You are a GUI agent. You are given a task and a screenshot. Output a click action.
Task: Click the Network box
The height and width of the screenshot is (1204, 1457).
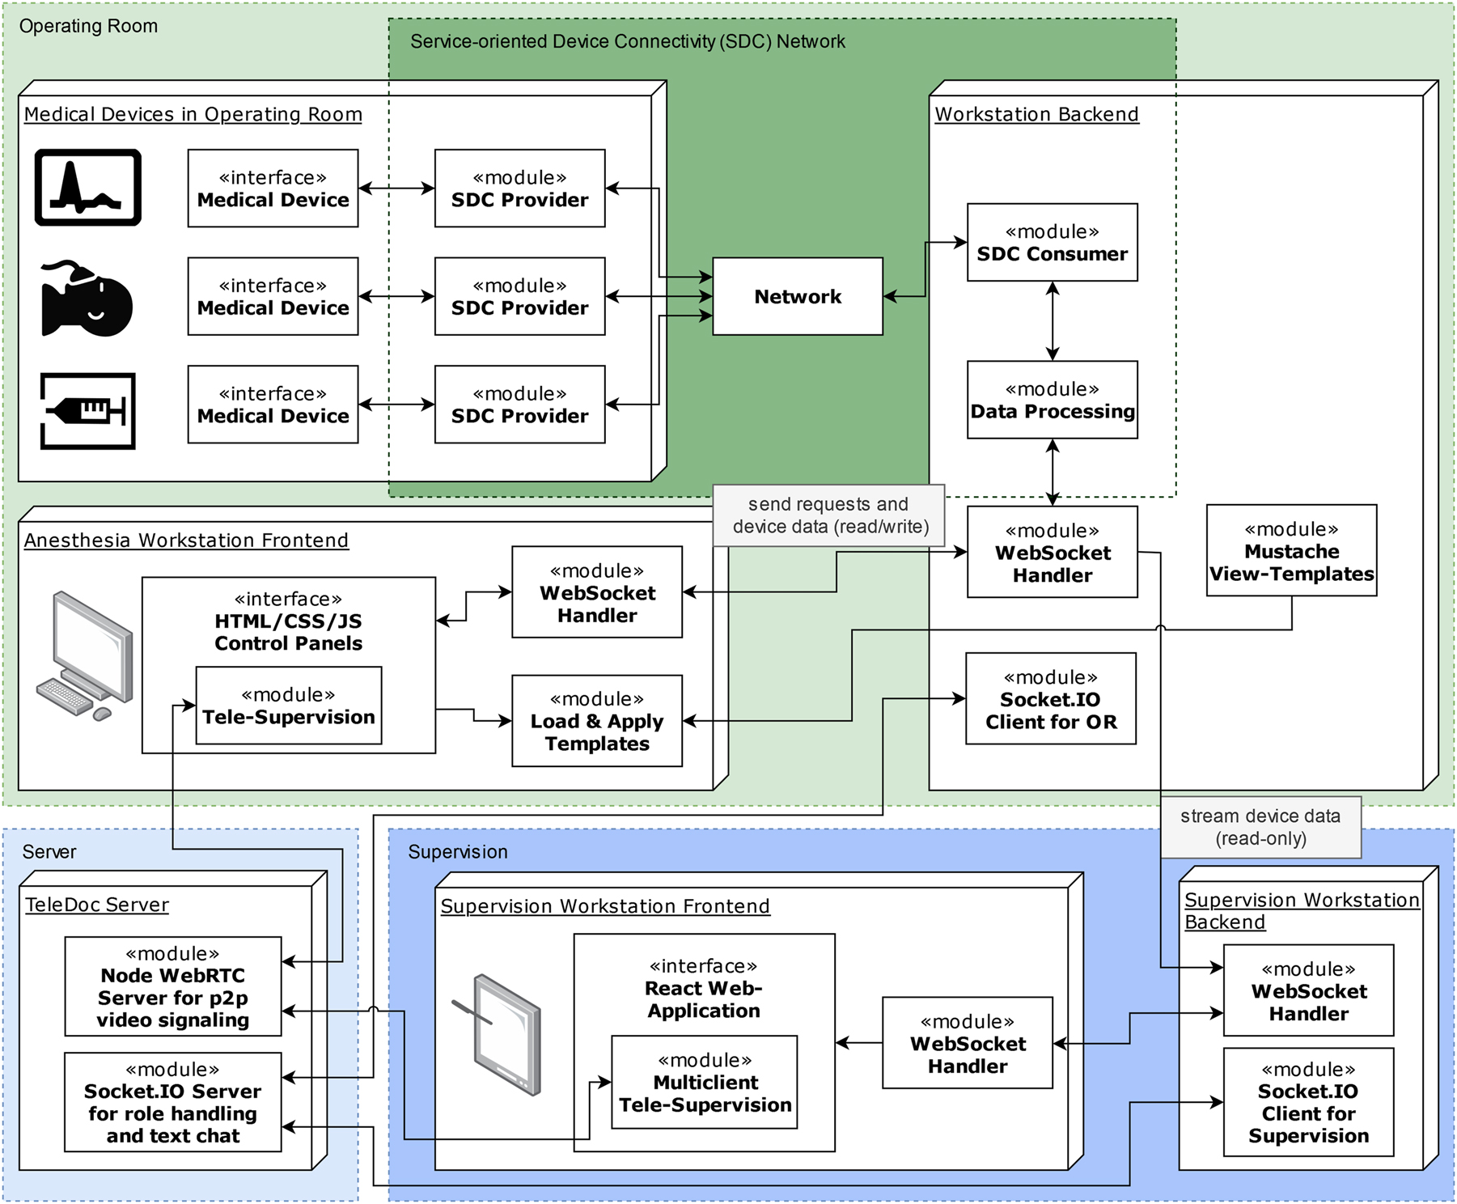(797, 296)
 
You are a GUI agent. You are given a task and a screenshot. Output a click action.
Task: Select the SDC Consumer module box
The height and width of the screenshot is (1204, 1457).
(1052, 243)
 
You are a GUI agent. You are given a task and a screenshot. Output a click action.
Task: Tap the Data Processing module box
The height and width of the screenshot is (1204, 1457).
(1052, 400)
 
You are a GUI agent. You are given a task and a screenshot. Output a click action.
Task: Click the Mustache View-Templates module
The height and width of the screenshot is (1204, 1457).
(1291, 551)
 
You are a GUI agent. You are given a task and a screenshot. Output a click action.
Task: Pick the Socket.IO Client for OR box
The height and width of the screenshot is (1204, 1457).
(1051, 699)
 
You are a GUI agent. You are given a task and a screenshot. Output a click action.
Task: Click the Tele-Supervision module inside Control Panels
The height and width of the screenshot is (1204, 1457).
(288, 706)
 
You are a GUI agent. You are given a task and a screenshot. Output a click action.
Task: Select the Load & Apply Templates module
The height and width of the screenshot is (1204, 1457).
(597, 721)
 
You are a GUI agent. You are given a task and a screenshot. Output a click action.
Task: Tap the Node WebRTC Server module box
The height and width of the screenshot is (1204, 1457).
(173, 986)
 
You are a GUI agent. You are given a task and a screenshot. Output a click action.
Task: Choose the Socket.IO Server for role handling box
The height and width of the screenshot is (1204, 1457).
(173, 1102)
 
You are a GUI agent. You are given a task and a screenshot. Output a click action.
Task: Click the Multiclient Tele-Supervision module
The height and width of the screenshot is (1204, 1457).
(705, 1083)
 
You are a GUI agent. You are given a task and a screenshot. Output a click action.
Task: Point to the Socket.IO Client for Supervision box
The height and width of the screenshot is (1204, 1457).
(1308, 1102)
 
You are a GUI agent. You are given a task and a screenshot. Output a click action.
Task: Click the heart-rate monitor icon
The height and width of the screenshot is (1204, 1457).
(88, 188)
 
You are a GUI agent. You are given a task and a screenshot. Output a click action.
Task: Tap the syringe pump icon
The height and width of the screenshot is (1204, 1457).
(88, 411)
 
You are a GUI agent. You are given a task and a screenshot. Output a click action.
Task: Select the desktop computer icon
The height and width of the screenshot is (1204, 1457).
(84, 656)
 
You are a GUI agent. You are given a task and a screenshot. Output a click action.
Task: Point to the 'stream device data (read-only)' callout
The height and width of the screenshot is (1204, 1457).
(1260, 827)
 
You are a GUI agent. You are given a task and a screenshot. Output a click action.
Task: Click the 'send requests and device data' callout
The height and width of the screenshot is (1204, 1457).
(828, 515)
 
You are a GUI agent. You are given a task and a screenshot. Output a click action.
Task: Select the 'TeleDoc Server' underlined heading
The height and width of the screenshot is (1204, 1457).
(96, 905)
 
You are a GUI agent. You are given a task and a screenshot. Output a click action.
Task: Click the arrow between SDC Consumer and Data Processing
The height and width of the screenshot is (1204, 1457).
(1052, 321)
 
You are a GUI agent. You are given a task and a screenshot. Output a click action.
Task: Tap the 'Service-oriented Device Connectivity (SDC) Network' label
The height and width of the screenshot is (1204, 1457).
(627, 41)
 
